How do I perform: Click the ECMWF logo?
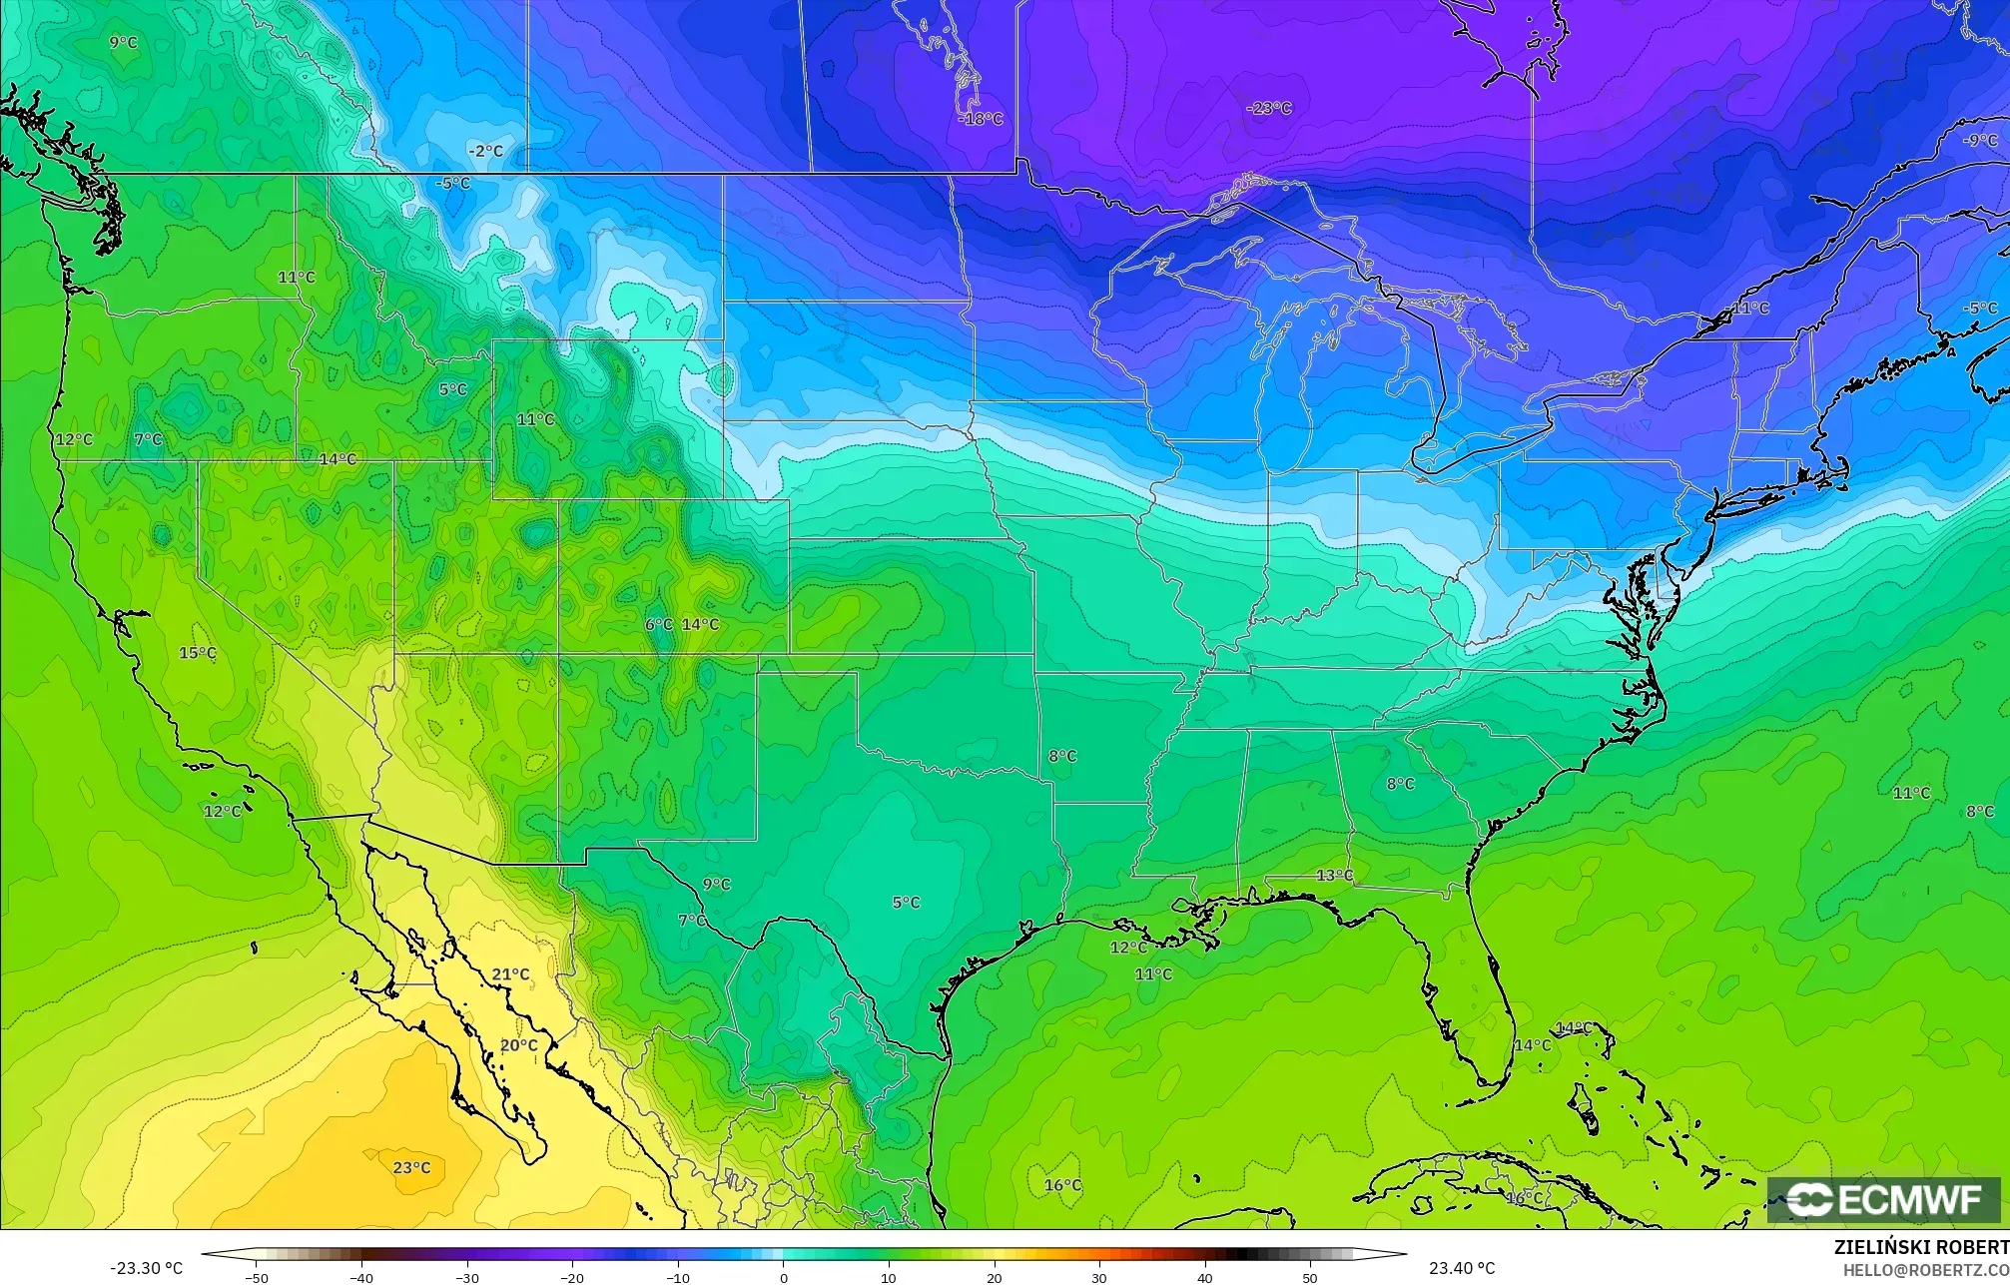(1883, 1199)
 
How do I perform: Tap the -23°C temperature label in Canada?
(1268, 108)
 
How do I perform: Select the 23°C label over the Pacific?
(411, 1167)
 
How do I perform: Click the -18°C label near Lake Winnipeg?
(981, 119)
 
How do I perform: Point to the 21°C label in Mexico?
(510, 974)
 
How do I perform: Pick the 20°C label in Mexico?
(518, 1045)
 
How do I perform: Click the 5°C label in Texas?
(906, 903)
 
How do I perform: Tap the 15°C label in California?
(197, 653)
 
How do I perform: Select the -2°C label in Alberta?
(485, 151)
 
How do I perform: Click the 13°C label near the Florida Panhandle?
(1334, 876)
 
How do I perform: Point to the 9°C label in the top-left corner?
(123, 42)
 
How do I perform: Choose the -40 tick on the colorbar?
(361, 1277)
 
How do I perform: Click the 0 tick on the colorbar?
(783, 1277)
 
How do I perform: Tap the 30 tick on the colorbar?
(1098, 1277)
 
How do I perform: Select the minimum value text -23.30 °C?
(147, 1268)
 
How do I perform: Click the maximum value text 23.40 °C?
(1462, 1268)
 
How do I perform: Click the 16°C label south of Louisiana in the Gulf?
(1062, 1185)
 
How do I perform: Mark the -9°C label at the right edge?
(1979, 141)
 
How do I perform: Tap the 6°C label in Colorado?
(658, 624)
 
